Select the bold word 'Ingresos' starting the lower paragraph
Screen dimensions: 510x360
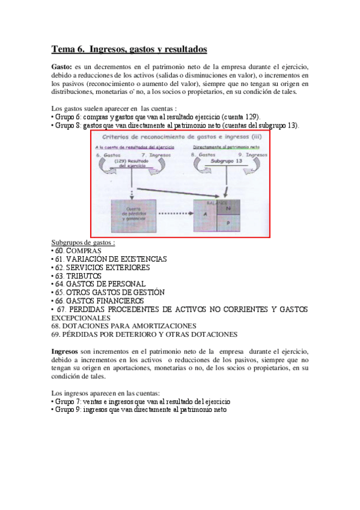click(x=65, y=351)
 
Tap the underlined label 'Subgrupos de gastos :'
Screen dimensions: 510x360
click(x=84, y=242)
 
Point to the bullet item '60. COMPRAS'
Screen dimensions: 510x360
click(x=77, y=250)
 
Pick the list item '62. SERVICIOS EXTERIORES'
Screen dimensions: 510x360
click(x=100, y=267)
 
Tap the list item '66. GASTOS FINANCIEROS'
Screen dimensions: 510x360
click(x=99, y=300)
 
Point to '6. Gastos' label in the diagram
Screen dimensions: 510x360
click(x=108, y=155)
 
